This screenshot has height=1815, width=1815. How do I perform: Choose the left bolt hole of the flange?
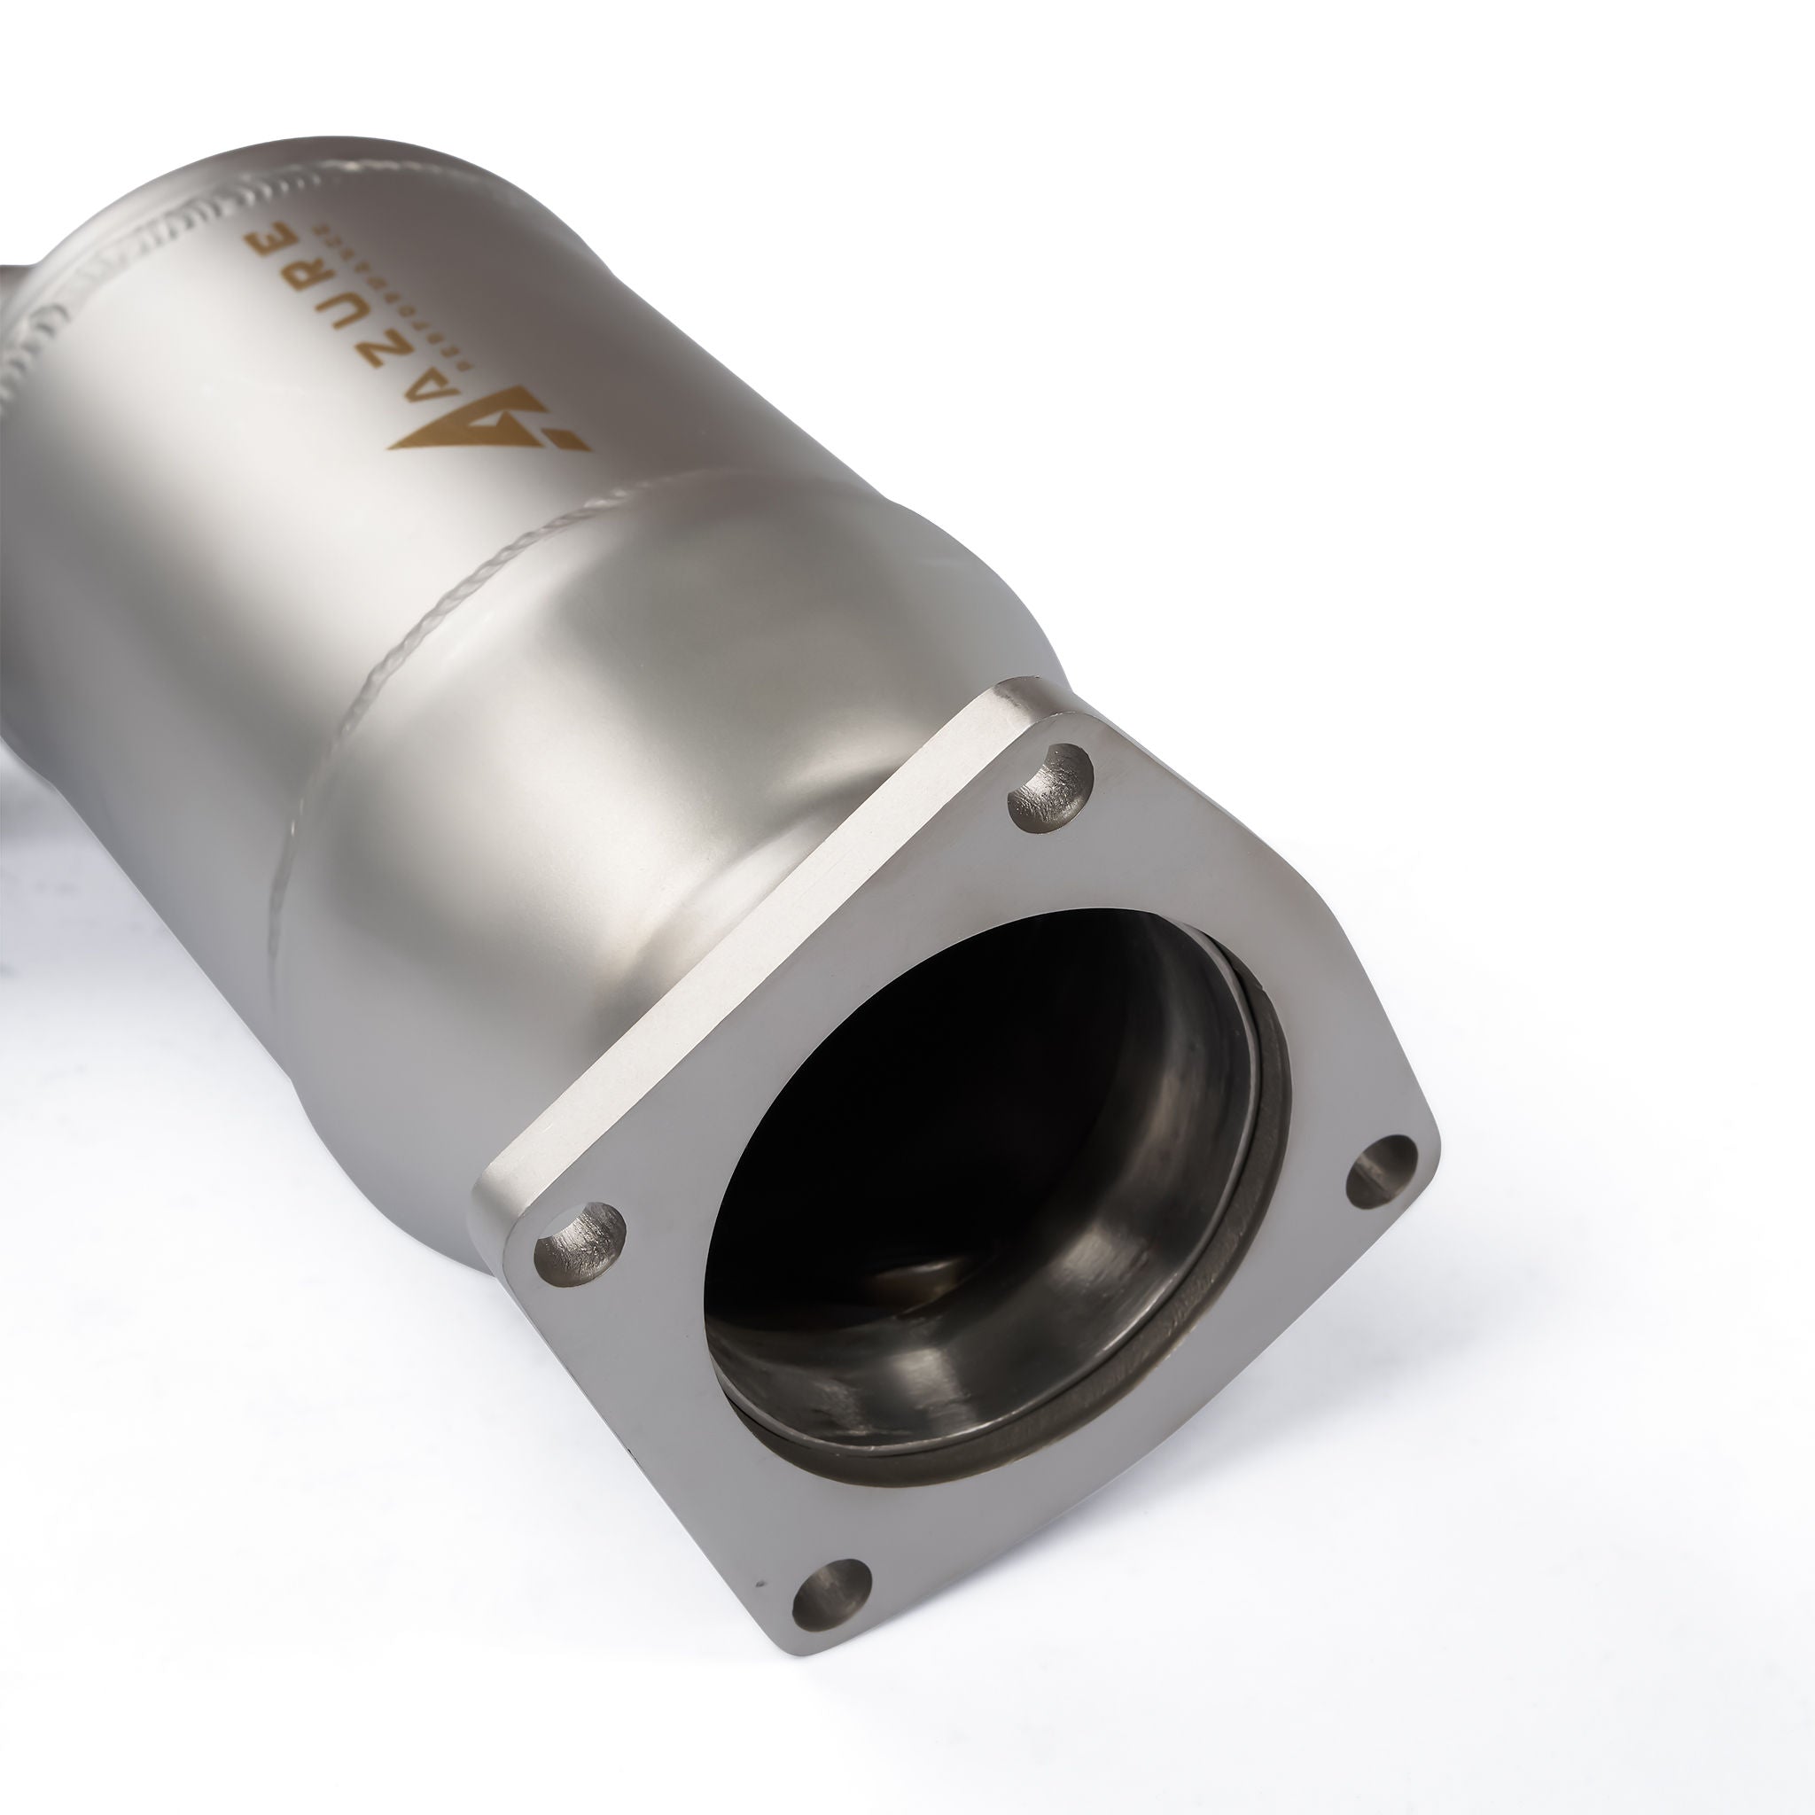[x=580, y=1240]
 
